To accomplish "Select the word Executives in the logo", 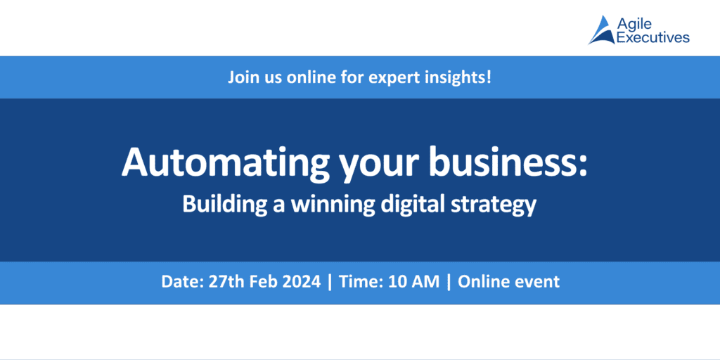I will coord(652,38).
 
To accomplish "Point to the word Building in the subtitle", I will coord(220,205).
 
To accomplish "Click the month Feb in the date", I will coord(270,282).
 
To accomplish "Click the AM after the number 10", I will coord(427,282).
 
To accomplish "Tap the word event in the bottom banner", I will coord(537,282).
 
